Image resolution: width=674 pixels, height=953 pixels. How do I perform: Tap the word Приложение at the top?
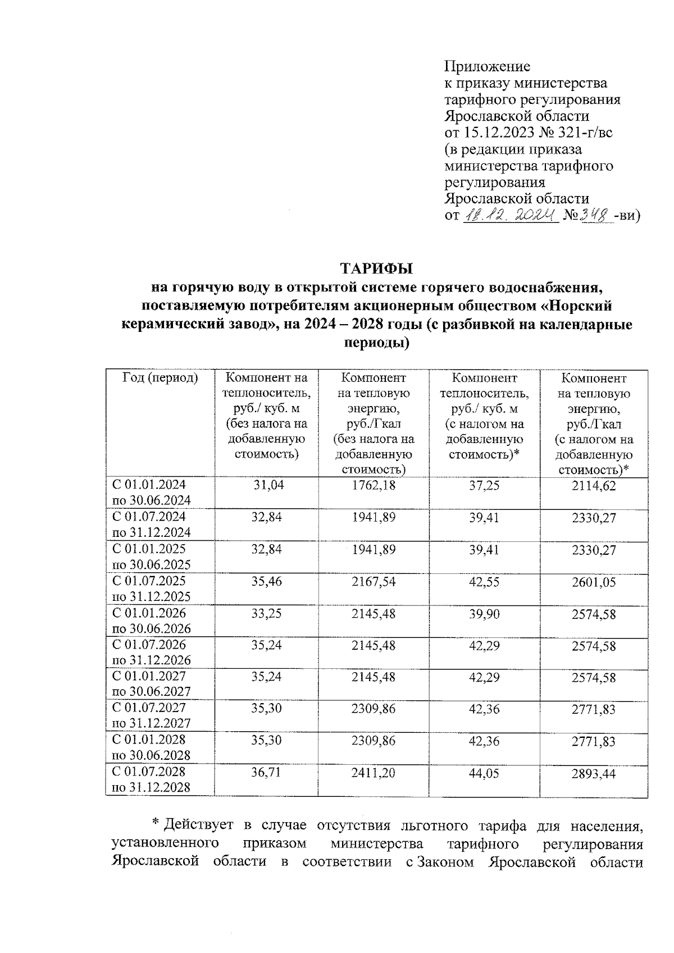click(x=487, y=67)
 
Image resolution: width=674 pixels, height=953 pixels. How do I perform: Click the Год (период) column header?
click(x=160, y=378)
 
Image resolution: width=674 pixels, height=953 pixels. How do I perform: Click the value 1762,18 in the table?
click(x=373, y=485)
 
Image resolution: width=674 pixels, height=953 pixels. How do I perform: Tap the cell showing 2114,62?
click(x=594, y=485)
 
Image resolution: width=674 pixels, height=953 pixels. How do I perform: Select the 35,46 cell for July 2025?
click(x=267, y=582)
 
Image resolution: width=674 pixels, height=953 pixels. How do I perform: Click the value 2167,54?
click(x=373, y=582)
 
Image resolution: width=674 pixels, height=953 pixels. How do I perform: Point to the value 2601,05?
click(x=594, y=582)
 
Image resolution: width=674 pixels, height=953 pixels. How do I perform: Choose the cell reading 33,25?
click(x=267, y=614)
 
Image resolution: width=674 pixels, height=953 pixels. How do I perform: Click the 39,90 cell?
click(x=484, y=614)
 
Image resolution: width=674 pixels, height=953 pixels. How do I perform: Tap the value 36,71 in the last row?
click(x=267, y=773)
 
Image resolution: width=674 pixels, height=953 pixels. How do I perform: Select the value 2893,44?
click(x=594, y=773)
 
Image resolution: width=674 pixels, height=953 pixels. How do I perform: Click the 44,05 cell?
click(x=484, y=773)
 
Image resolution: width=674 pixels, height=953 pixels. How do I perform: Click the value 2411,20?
click(x=373, y=773)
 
